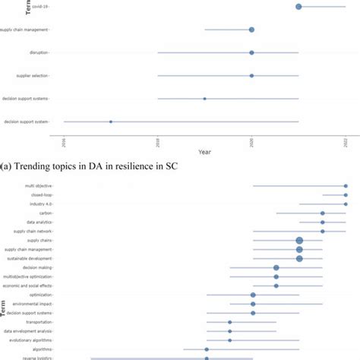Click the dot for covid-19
(x=298, y=7)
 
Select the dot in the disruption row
(x=251, y=52)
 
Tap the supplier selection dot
(x=251, y=76)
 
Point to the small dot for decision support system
(x=111, y=122)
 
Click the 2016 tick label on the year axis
(x=65, y=142)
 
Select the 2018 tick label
(x=158, y=142)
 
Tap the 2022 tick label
(x=346, y=142)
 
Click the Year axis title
(x=204, y=153)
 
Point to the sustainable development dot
(x=299, y=258)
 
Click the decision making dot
(x=276, y=267)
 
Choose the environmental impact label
(x=33, y=303)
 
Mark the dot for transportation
(x=229, y=322)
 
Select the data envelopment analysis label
(x=28, y=331)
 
